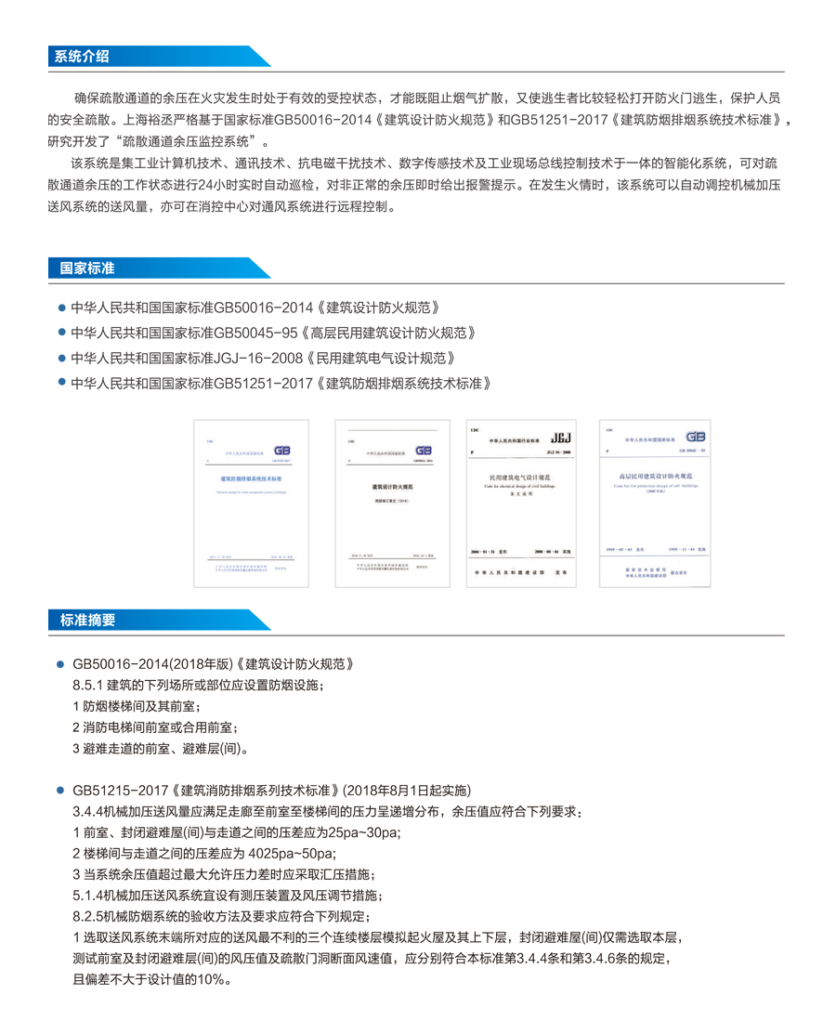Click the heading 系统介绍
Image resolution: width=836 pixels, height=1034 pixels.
[x=82, y=57]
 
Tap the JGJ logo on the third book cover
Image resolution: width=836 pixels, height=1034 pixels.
[x=563, y=438]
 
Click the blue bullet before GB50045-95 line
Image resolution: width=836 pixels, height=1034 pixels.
[x=62, y=333]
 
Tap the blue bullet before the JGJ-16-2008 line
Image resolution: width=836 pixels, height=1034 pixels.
[x=62, y=358]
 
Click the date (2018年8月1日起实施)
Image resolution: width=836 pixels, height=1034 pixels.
[x=407, y=791]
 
